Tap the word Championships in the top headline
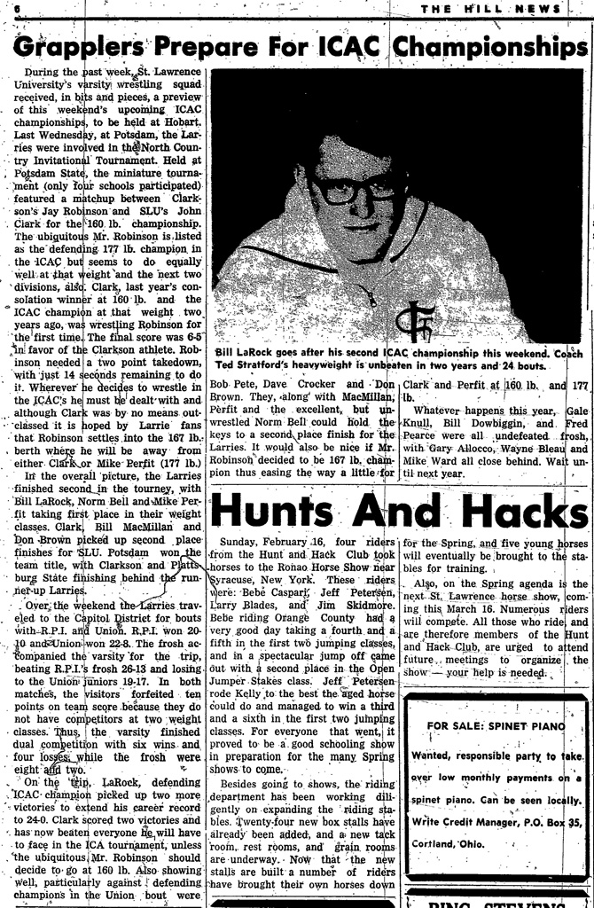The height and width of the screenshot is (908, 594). coord(490,45)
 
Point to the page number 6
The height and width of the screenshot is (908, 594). coord(16,8)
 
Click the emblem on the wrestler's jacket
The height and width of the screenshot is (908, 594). coord(414,321)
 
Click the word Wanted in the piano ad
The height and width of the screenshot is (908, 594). coord(434,755)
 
